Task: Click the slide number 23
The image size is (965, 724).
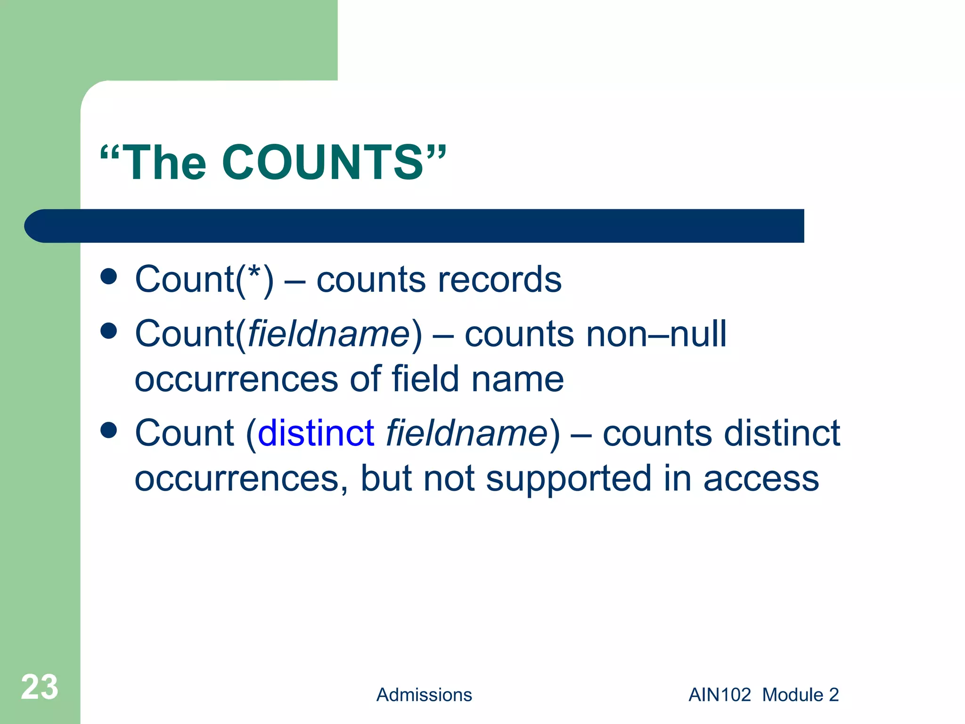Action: [40, 687]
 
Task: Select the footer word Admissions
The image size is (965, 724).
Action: [424, 695]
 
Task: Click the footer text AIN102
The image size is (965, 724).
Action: [720, 695]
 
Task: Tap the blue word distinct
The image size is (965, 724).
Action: [316, 433]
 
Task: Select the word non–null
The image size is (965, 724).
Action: [656, 334]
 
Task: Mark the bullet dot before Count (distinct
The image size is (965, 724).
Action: [109, 430]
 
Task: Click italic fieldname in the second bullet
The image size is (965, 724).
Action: [329, 334]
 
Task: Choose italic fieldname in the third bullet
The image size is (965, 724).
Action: [466, 433]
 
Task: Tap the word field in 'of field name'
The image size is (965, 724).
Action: [425, 378]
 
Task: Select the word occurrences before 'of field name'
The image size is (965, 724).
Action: [236, 379]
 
